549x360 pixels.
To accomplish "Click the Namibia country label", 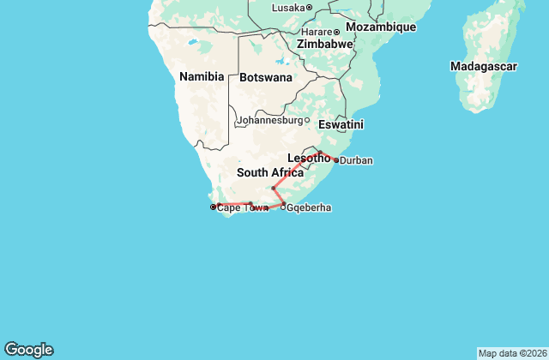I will (202, 76).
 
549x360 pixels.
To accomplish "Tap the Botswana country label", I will (266, 77).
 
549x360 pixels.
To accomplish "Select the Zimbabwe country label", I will (325, 44).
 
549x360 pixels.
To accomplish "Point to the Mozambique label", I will (381, 27).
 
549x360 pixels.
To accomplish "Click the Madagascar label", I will (483, 66).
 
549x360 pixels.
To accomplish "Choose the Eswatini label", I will (341, 124).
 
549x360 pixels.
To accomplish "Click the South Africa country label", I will (270, 172).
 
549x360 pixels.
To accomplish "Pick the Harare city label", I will (314, 32).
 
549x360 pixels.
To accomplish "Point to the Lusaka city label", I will (288, 8).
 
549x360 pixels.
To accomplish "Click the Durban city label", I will (356, 160).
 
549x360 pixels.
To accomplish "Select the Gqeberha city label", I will (309, 207).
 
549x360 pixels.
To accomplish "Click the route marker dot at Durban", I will (336, 160).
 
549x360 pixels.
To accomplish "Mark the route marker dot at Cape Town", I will (213, 207).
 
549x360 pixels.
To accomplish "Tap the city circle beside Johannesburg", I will (308, 120).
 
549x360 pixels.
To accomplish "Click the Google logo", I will (28, 350).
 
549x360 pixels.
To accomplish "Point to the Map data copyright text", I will (510, 353).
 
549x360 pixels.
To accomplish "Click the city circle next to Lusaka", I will (309, 8).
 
